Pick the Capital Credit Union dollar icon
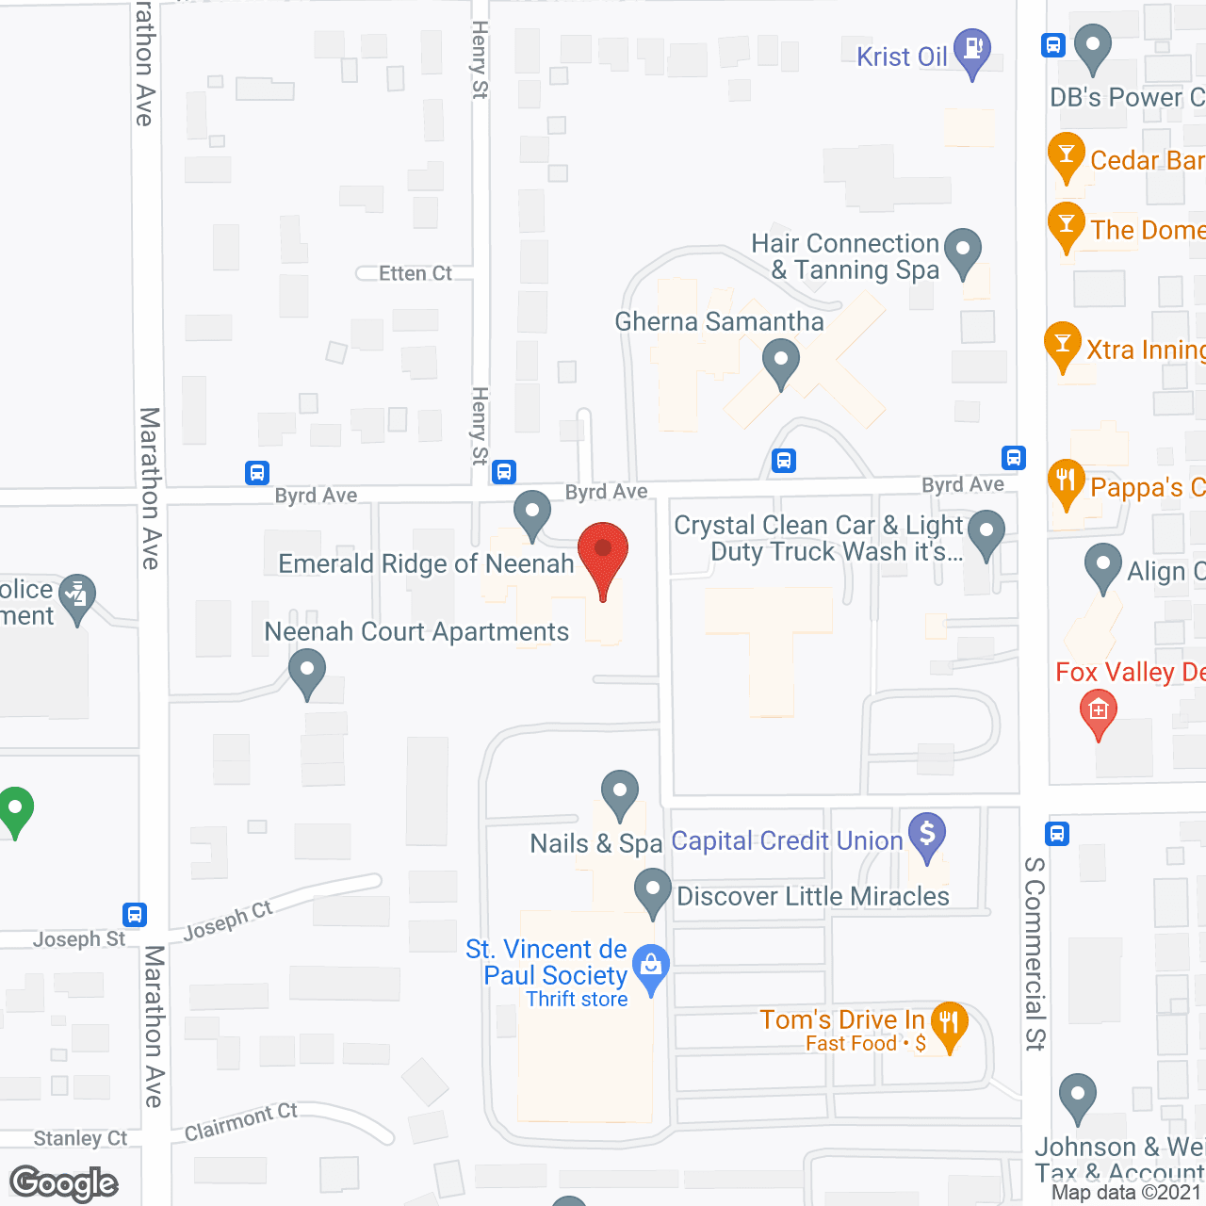pos(927,834)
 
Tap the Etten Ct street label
pos(415,273)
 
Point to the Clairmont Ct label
pos(241,1121)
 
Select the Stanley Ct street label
pos(80,1138)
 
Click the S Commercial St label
pos(1035,952)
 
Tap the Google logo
pos(64,1183)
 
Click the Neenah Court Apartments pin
pos(307,673)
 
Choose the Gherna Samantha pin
pos(780,361)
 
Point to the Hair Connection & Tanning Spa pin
pos(963,251)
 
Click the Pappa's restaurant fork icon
pos(1066,482)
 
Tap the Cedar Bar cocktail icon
pos(1067,155)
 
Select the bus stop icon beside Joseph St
pos(135,914)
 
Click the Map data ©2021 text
pos(1127,1192)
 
